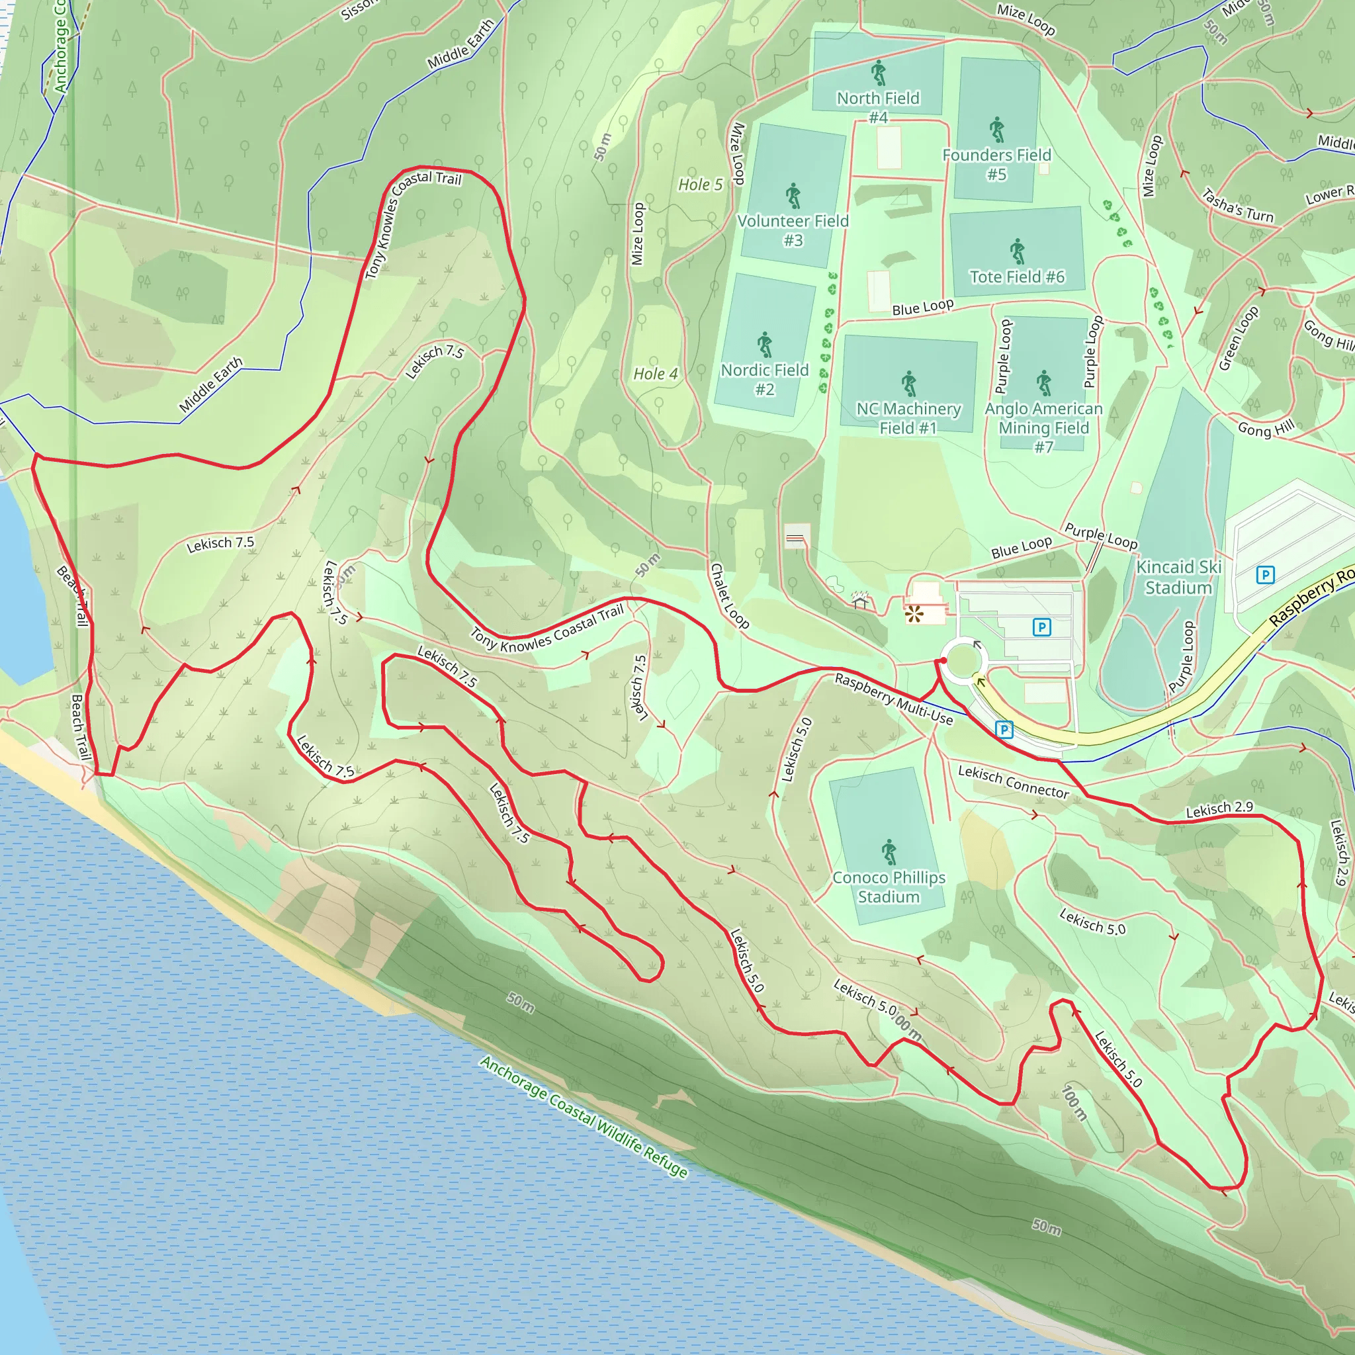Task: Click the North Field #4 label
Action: pos(878,107)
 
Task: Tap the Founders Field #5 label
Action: pos(996,164)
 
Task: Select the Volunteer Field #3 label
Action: pos(793,230)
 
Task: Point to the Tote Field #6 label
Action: pos(1017,277)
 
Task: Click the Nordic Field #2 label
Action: pos(764,378)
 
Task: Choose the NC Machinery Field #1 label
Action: pos(908,417)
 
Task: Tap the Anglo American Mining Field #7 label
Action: pos(1043,427)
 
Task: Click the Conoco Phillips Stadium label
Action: pos(889,887)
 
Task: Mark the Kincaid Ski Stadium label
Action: pos(1179,576)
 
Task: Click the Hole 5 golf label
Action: pos(700,185)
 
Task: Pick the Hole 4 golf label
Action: pos(655,374)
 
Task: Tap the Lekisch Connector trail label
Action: pos(1013,781)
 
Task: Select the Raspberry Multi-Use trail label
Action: pos(893,699)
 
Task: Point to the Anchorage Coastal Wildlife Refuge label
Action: pos(584,1120)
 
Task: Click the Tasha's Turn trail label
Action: pos(1237,206)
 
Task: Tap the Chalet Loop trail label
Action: pos(729,595)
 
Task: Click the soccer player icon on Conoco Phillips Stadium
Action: pos(889,852)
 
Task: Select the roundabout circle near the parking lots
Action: pos(963,660)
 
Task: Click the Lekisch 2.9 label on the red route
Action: pos(1219,809)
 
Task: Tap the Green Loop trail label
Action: pos(1239,338)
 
